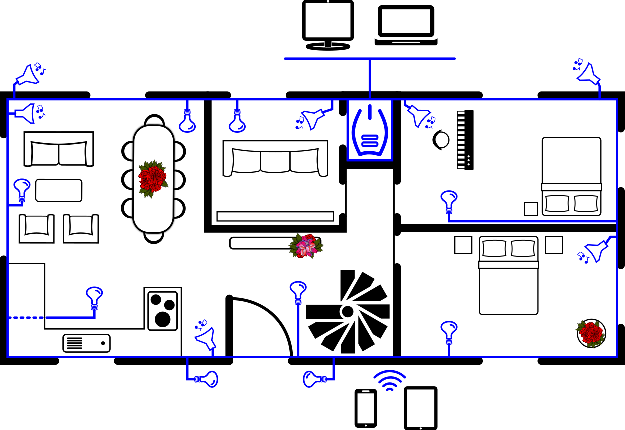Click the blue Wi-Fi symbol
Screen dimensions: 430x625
click(x=390, y=380)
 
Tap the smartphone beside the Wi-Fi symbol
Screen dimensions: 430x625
click(x=366, y=408)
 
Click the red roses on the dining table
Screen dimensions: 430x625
click(x=153, y=179)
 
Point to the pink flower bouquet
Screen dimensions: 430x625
click(x=306, y=245)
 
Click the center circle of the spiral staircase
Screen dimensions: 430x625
click(x=347, y=311)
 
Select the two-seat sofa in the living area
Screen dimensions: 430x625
click(x=59, y=149)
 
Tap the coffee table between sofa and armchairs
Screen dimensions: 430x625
click(x=59, y=190)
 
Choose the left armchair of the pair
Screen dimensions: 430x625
click(x=36, y=229)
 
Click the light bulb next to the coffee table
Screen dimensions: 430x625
click(x=22, y=190)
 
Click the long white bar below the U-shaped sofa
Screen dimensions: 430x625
click(x=275, y=216)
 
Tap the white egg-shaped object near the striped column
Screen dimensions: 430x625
click(x=442, y=140)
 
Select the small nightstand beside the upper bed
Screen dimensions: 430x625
click(x=531, y=209)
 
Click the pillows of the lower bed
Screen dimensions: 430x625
click(x=509, y=248)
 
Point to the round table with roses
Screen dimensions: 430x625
click(x=591, y=333)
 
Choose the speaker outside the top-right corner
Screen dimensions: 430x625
click(x=587, y=72)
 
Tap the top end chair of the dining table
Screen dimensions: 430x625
click(x=154, y=121)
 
